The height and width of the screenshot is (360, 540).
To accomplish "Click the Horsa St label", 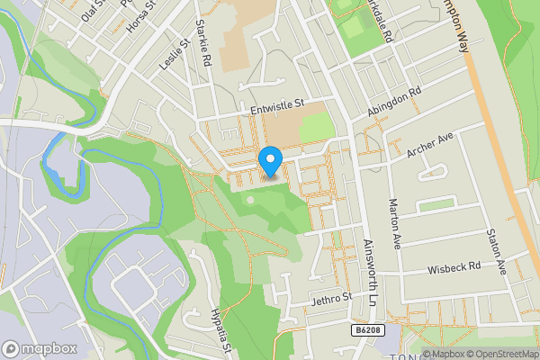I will pyautogui.click(x=142, y=16).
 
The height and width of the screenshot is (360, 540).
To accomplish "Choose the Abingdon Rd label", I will pyautogui.click(x=394, y=102).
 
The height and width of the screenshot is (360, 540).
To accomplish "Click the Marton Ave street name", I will pyautogui.click(x=393, y=223).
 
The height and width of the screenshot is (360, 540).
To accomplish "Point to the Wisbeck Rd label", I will pyautogui.click(x=454, y=267).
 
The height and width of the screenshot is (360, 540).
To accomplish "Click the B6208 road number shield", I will pyautogui.click(x=363, y=332).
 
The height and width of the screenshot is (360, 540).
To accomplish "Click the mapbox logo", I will pyautogui.click(x=40, y=348).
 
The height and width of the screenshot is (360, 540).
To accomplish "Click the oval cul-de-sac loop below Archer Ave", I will pyautogui.click(x=438, y=171).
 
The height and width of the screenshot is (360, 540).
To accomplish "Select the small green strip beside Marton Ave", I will pyautogui.click(x=436, y=205).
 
